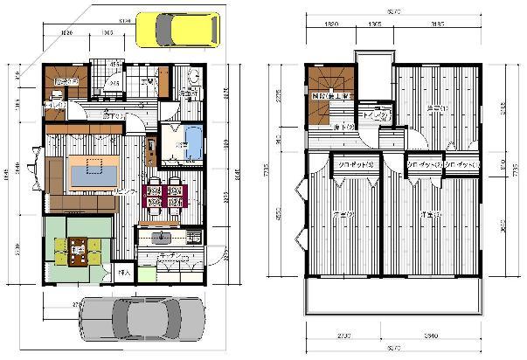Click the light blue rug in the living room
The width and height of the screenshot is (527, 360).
pos(92,171)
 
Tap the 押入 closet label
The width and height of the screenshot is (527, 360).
pos(123,273)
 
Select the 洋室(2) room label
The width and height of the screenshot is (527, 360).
pos(343,214)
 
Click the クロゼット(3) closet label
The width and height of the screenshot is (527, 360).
pos(357,163)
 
